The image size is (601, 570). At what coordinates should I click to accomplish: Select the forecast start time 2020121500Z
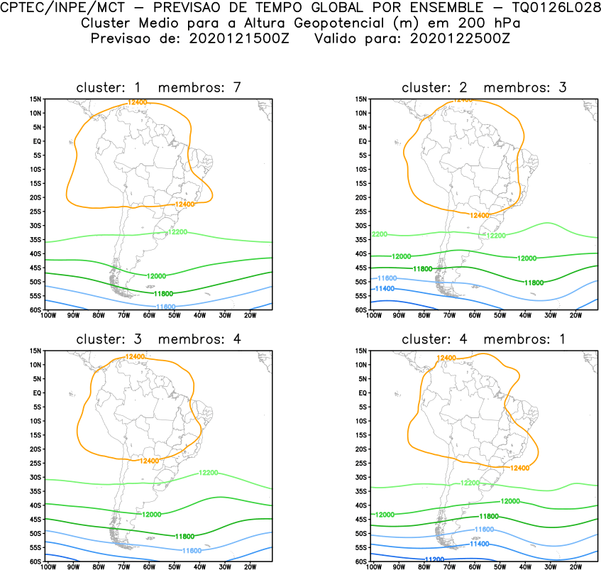pos(238,38)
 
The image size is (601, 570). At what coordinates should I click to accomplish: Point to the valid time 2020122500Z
pos(459,38)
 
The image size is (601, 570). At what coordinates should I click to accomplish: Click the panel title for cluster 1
pos(160,87)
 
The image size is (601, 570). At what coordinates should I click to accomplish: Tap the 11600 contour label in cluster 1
pos(165,306)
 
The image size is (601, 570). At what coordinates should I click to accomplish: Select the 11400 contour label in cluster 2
pos(384,289)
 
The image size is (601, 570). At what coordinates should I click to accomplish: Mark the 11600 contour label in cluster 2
pos(387,278)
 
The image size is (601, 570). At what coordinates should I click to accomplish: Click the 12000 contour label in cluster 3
pos(152,515)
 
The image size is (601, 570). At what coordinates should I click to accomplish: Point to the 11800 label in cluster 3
pos(184,536)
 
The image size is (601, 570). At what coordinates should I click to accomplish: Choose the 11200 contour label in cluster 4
pos(434,559)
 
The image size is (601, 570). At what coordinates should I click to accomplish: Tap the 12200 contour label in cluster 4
pos(470,483)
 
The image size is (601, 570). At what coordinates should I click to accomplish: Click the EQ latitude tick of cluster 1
pos(38,141)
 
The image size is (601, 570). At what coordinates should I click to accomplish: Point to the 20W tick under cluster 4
pos(575,567)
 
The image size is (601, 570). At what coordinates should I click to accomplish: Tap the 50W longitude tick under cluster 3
pos(174,567)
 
